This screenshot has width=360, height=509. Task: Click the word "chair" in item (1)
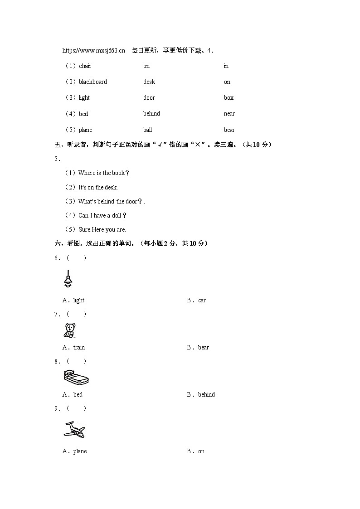pyautogui.click(x=85, y=66)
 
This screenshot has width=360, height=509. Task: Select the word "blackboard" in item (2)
pyautogui.click(x=93, y=82)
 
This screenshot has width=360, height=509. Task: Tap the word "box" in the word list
pyautogui.click(x=229, y=98)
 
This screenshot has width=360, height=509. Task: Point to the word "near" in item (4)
pyautogui.click(x=229, y=114)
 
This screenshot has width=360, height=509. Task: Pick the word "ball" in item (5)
pyautogui.click(x=147, y=130)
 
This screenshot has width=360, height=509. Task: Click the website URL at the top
pyautogui.click(x=93, y=50)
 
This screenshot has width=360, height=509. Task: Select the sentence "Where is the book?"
pyautogui.click(x=104, y=173)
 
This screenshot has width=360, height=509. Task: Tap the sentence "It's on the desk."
pyautogui.click(x=98, y=188)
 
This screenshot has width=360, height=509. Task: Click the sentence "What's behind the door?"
pyautogui.click(x=111, y=202)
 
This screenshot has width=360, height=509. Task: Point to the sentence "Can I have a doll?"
pyautogui.click(x=102, y=216)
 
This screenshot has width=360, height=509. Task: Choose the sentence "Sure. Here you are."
pyautogui.click(x=102, y=230)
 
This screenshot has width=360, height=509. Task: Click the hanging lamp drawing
pyautogui.click(x=68, y=279)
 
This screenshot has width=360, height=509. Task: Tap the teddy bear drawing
pyautogui.click(x=69, y=331)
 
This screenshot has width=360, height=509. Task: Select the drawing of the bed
pyautogui.click(x=76, y=378)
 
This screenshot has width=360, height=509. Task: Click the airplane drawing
pyautogui.click(x=74, y=430)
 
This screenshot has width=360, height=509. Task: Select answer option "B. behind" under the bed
pyautogui.click(x=201, y=395)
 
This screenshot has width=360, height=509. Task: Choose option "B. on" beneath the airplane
pyautogui.click(x=196, y=451)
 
